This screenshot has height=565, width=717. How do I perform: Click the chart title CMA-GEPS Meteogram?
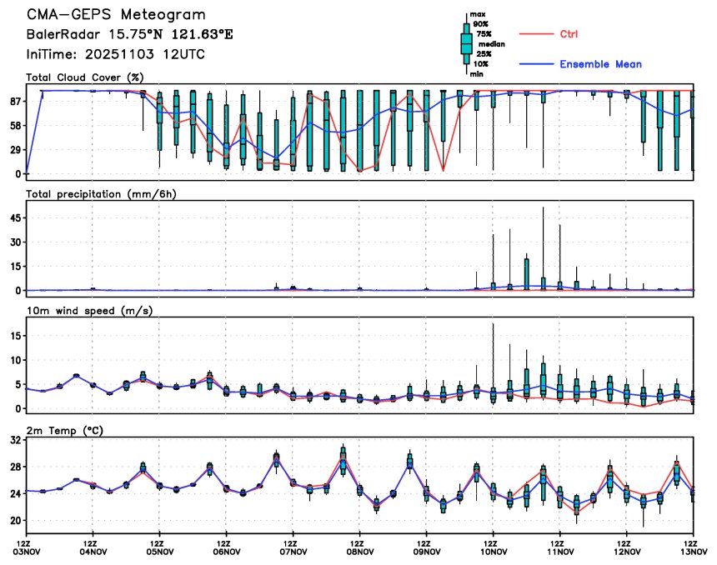point(115,15)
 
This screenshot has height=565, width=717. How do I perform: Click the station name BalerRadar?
point(65,35)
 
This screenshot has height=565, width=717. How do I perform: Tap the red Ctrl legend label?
point(569,34)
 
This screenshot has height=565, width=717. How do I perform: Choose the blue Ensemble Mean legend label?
point(600,64)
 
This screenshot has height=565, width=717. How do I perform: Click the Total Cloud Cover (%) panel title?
point(86,77)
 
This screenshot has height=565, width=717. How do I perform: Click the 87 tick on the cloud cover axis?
point(14,101)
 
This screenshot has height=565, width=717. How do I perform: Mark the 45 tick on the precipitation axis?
point(14,217)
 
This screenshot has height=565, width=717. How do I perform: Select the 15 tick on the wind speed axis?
point(14,336)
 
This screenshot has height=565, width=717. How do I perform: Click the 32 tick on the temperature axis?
point(14,442)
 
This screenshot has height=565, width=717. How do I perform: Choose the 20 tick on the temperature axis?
point(14,520)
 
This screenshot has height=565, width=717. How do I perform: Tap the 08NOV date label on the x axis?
point(359,551)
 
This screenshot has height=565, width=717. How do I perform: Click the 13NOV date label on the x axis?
point(693,551)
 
